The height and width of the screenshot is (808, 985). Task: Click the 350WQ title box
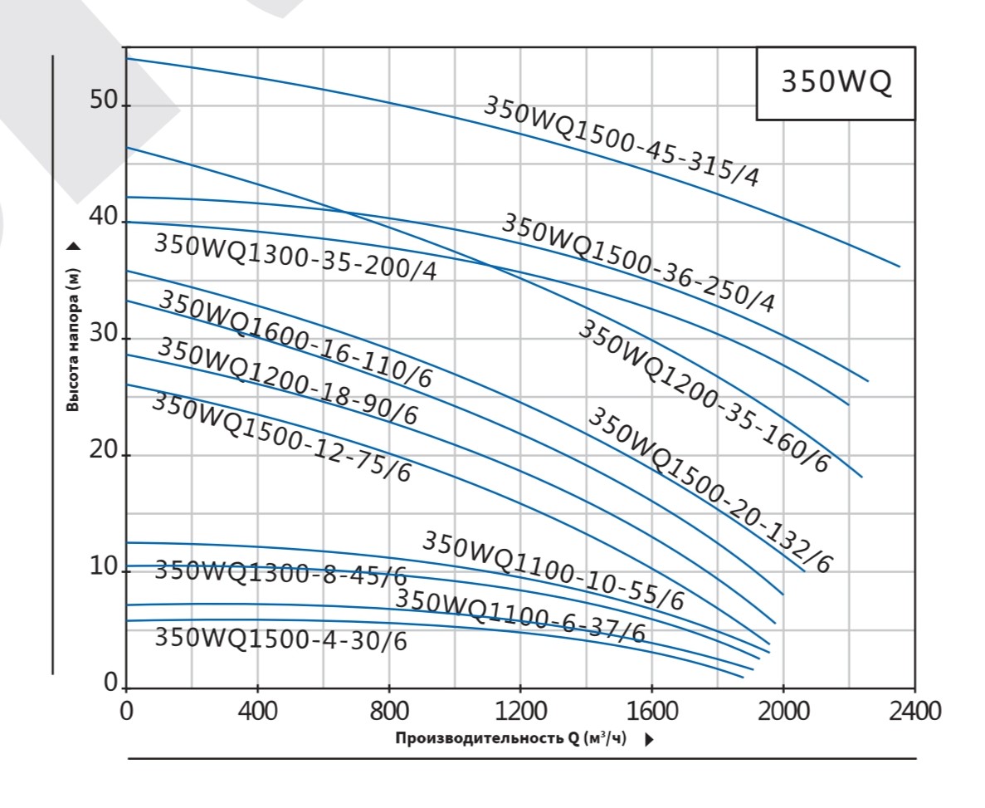click(x=836, y=84)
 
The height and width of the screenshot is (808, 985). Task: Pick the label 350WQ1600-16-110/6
click(x=295, y=339)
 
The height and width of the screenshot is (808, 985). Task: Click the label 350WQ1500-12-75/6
click(x=282, y=437)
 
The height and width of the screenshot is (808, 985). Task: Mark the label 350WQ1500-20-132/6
click(x=709, y=491)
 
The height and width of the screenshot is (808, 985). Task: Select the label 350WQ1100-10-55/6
click(x=553, y=570)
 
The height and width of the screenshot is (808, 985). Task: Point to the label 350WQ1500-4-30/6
click(x=280, y=639)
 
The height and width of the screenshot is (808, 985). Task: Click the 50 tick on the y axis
click(x=104, y=105)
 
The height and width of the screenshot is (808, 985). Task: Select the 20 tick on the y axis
click(x=104, y=454)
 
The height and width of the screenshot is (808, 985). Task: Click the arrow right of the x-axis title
click(x=649, y=739)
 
